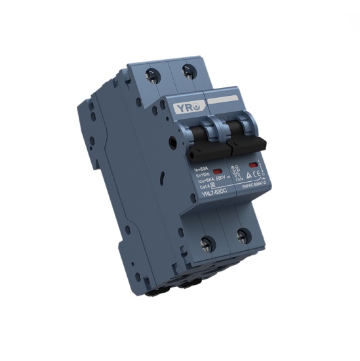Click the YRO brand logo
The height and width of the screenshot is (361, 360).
(x=180, y=106)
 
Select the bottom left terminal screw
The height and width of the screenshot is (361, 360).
(x=207, y=244)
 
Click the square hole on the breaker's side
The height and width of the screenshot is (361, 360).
(x=172, y=140)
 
